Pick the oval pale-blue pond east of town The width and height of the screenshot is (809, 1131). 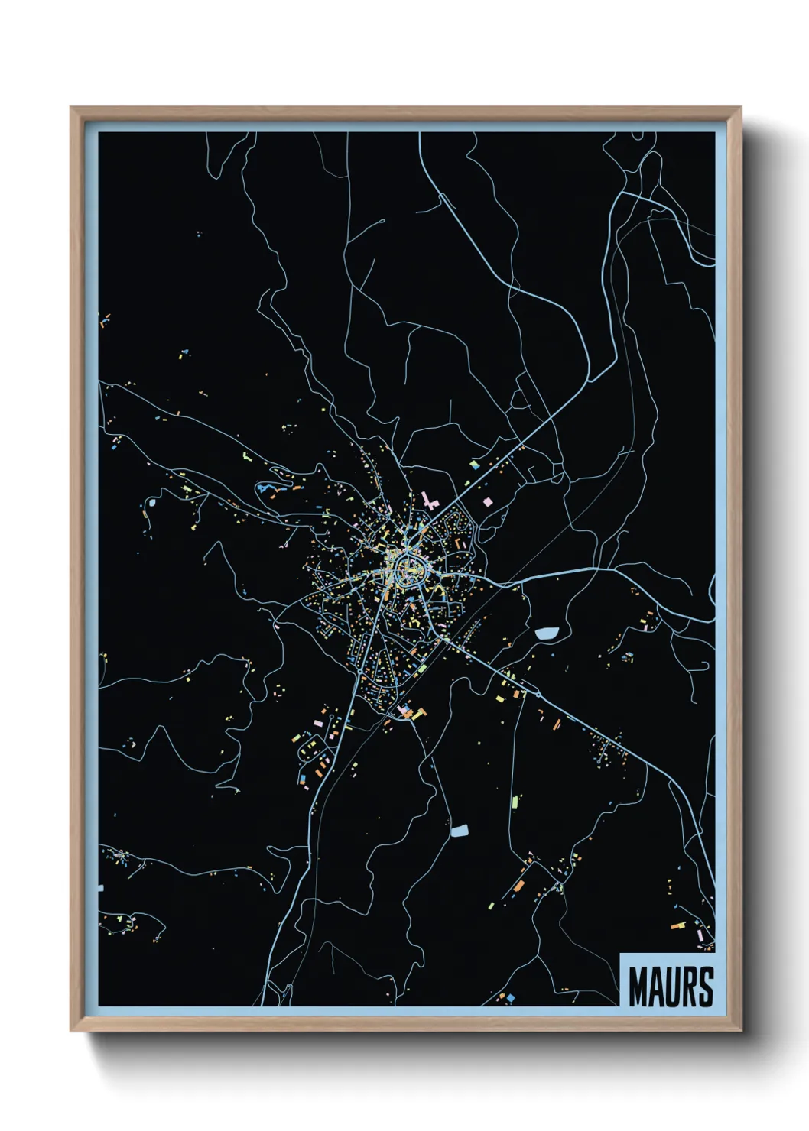coord(547,633)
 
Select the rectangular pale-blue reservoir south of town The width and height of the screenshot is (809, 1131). coord(460,831)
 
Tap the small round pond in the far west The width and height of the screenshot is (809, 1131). coord(151,503)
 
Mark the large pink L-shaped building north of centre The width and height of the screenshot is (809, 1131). coord(429,501)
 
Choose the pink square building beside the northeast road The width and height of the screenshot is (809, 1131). coord(486,502)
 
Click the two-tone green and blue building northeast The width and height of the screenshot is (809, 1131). coord(475,464)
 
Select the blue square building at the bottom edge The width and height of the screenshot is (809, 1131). coord(510,997)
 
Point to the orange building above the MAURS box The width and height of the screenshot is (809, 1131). coord(677,925)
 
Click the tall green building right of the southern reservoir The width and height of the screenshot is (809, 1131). coord(515,802)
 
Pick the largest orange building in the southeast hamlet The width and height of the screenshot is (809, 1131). coord(520,884)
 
